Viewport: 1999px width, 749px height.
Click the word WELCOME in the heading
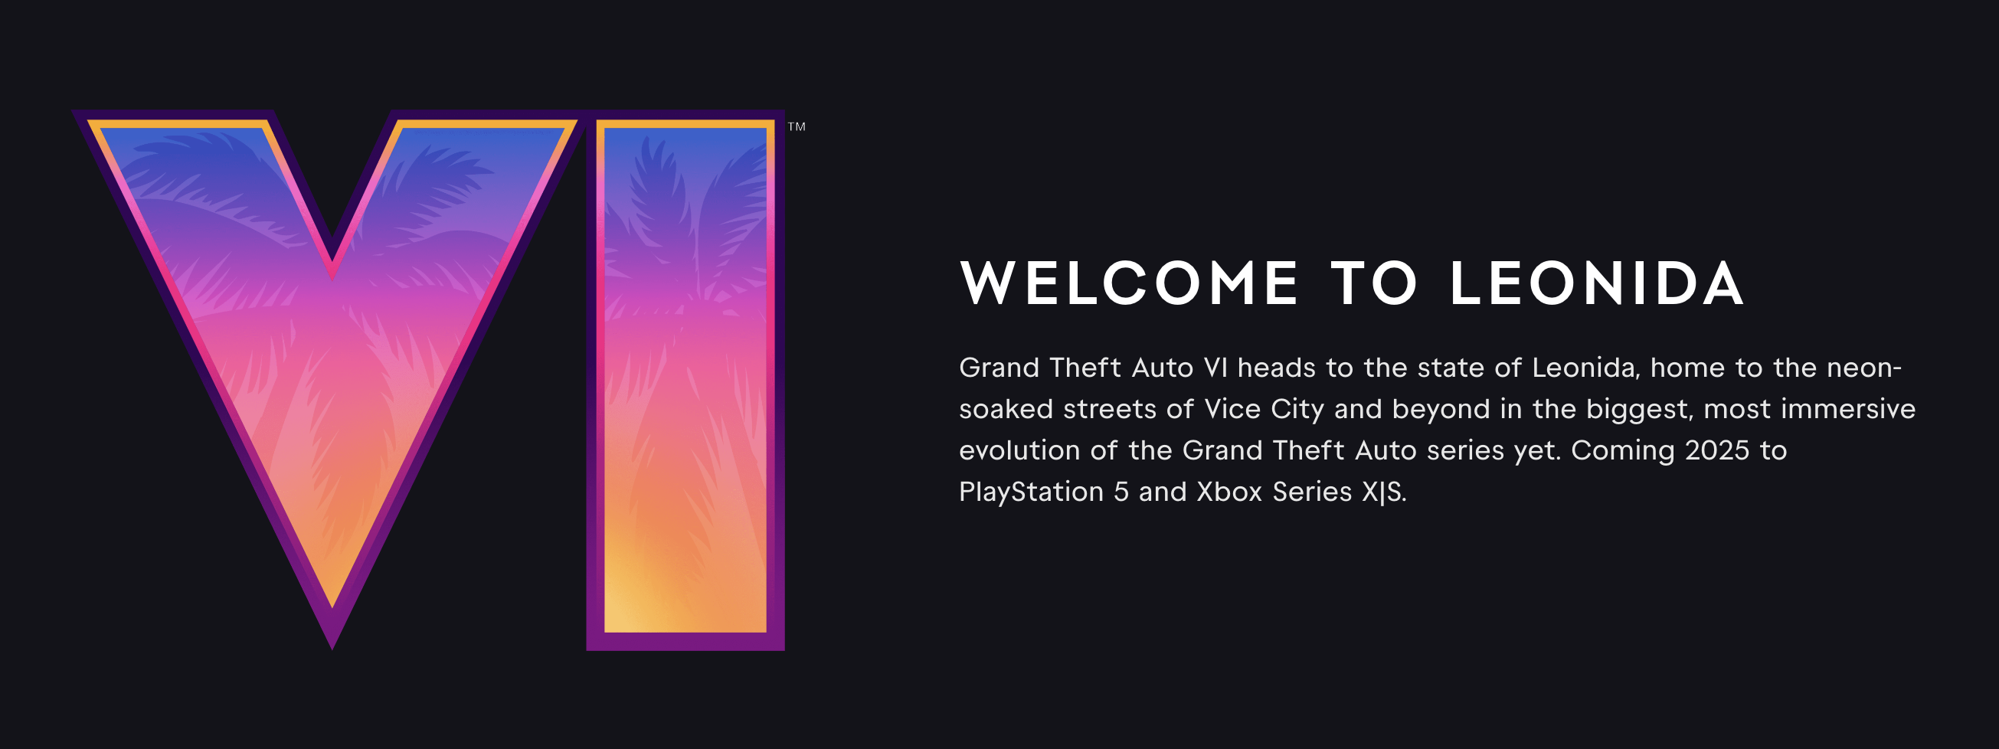1129,283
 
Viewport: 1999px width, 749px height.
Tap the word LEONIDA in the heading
1597,283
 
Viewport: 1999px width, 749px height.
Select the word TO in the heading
1374,283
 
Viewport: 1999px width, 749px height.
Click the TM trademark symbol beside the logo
797,126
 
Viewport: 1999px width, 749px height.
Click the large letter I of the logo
685,381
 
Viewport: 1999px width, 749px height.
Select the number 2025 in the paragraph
1717,451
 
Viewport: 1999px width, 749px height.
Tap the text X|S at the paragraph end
1385,492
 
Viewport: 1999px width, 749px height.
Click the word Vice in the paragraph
1232,409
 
